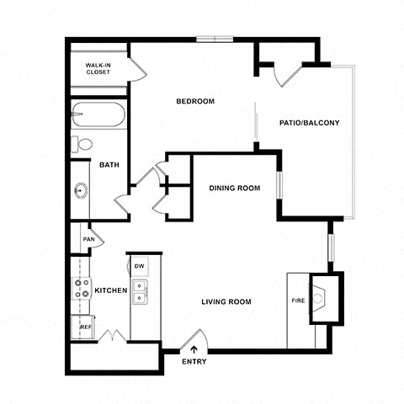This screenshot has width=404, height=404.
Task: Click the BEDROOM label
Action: tap(195, 101)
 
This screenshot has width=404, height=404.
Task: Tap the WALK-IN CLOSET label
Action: tap(98, 69)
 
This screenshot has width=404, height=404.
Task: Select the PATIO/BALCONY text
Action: tap(309, 123)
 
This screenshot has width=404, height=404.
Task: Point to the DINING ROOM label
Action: tap(235, 188)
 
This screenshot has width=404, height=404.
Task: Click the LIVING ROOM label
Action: tap(226, 302)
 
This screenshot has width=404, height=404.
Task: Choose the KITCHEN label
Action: tap(111, 290)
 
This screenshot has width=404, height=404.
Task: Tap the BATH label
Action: tap(109, 165)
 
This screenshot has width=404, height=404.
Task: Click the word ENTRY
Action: tap(194, 362)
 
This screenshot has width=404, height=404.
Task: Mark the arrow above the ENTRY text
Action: tap(194, 349)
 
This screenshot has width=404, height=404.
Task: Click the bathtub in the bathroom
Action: tap(98, 114)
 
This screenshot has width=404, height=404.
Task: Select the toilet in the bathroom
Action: tap(82, 144)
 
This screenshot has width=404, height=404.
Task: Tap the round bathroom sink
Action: tap(81, 190)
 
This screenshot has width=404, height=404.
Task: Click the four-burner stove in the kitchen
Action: tap(81, 288)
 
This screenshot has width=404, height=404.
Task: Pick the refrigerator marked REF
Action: tap(82, 327)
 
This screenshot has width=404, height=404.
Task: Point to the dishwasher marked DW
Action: tap(139, 266)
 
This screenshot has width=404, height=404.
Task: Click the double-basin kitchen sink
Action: tap(140, 292)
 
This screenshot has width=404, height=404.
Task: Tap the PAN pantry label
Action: tap(89, 239)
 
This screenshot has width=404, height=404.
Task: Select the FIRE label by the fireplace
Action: tap(298, 300)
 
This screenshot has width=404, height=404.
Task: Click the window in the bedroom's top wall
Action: tap(215, 39)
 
